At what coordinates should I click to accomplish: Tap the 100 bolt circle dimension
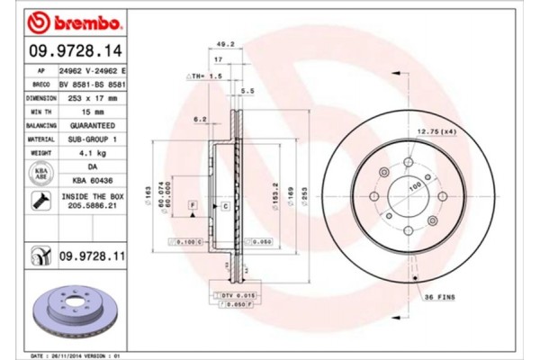click(x=416, y=186)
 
